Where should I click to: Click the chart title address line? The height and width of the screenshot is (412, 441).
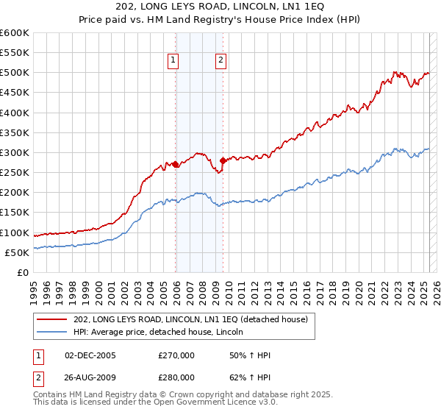[220, 7]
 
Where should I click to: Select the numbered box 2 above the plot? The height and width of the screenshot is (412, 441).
[220, 61]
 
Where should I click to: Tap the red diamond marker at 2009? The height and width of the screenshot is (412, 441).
[223, 160]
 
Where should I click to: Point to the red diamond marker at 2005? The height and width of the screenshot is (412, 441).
[176, 165]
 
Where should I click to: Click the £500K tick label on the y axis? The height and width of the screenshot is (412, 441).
[14, 73]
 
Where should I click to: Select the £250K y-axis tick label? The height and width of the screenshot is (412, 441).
[14, 173]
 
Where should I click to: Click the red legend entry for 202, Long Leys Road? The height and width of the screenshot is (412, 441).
[195, 319]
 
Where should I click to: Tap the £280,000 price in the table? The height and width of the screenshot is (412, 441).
[176, 377]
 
